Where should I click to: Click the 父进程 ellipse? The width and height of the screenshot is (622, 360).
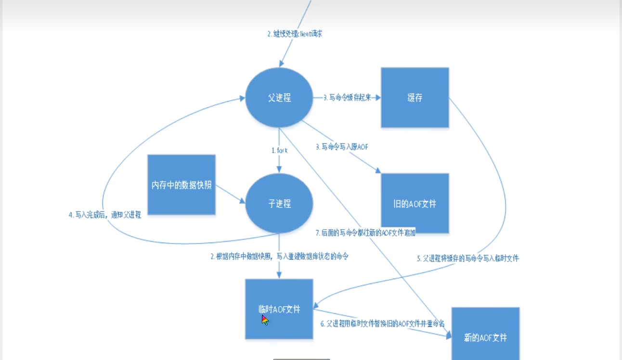click(x=279, y=98)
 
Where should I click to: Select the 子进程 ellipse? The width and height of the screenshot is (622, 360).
click(x=279, y=204)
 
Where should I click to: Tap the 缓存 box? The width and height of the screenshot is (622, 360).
click(x=415, y=98)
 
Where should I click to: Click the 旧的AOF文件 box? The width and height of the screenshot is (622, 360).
click(x=415, y=204)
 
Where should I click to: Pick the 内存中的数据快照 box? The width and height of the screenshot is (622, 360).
click(x=181, y=185)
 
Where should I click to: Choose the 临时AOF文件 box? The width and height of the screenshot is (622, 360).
click(x=279, y=309)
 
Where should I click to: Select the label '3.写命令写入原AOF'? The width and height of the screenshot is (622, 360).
click(x=342, y=147)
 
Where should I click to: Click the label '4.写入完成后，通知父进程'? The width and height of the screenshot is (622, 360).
click(x=104, y=215)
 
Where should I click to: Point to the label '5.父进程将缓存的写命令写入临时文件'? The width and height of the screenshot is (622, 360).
click(x=467, y=258)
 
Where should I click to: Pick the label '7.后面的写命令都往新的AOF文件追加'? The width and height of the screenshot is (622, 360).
click(x=365, y=233)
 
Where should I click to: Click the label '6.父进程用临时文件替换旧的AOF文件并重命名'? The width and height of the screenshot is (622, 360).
click(x=382, y=323)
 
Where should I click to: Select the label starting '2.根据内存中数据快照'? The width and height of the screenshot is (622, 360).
click(x=279, y=257)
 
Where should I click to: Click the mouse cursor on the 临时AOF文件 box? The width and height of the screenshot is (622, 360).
click(x=264, y=320)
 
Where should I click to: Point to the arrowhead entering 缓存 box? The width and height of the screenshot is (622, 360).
click(x=378, y=98)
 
